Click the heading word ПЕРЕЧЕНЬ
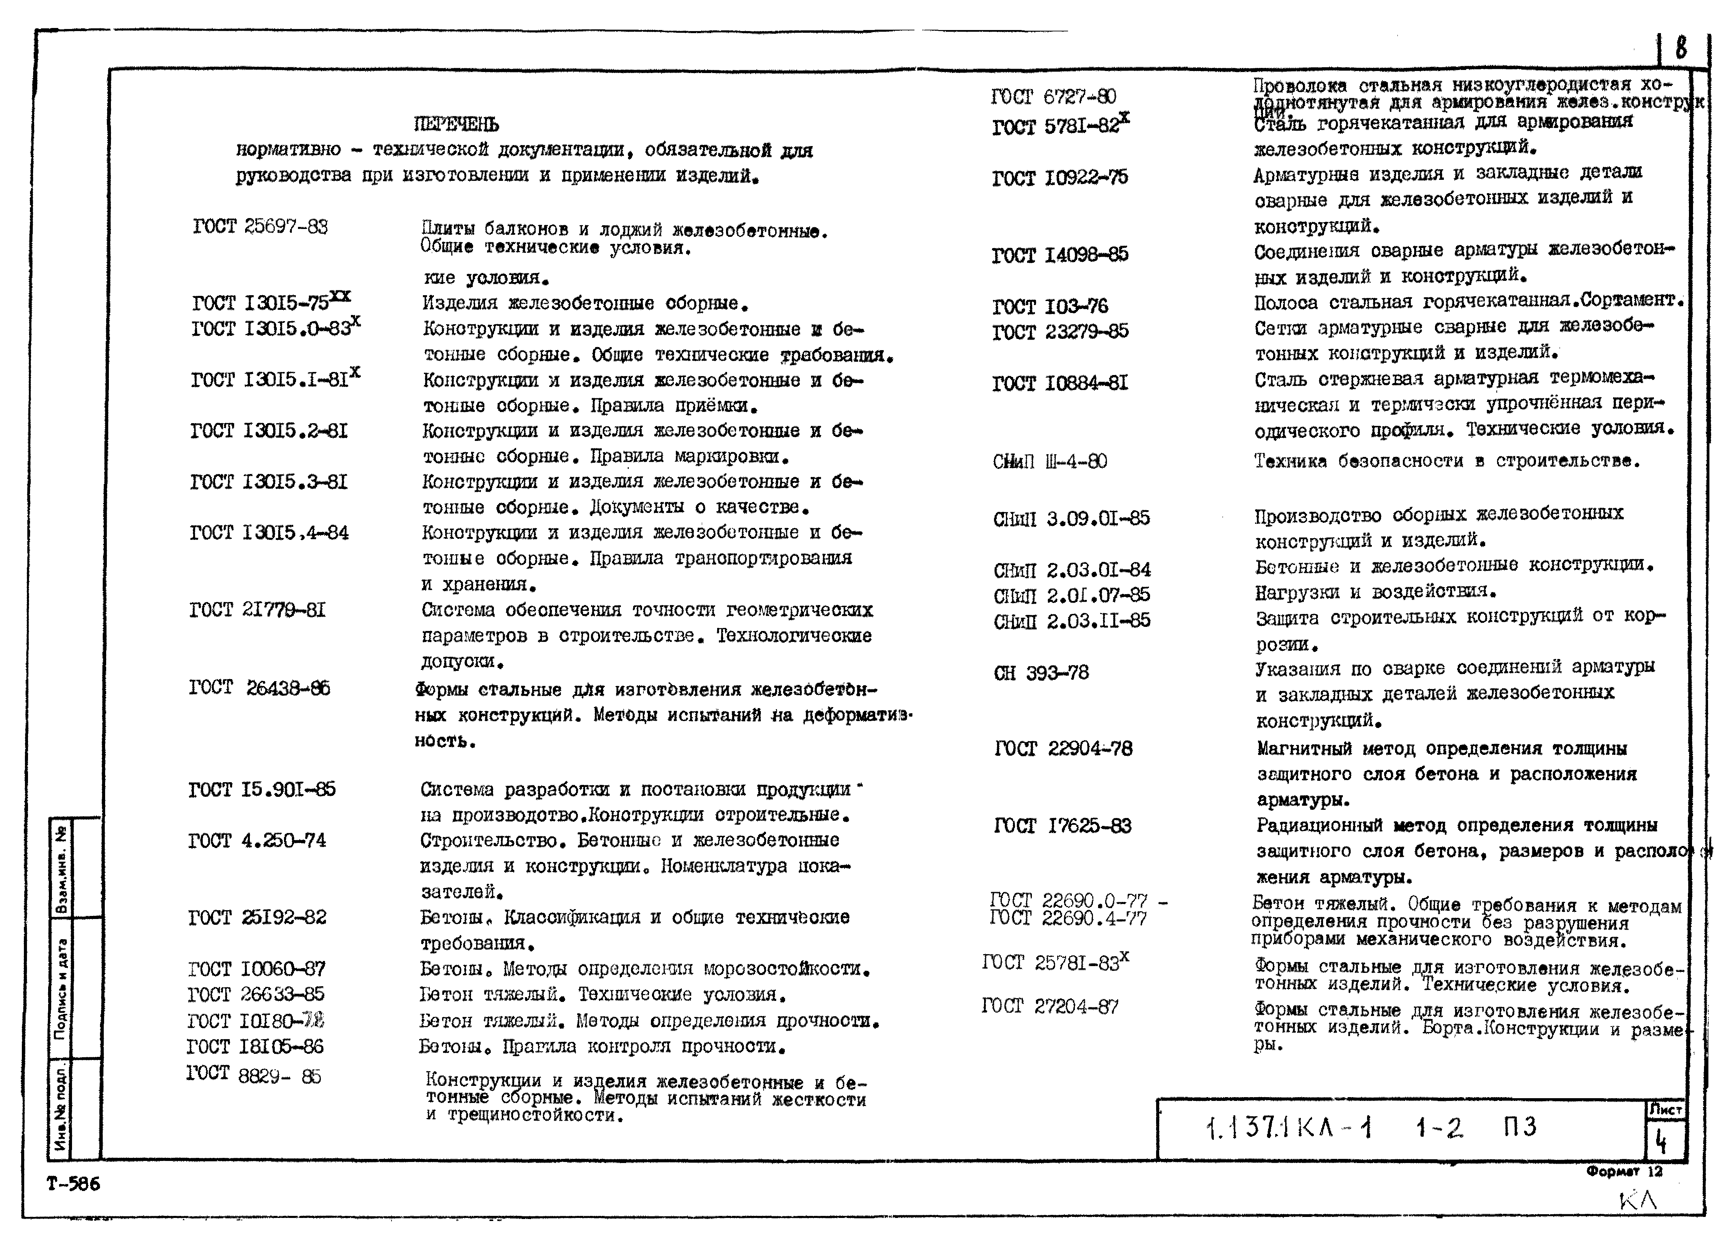click(x=456, y=124)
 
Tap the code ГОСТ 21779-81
click(x=257, y=610)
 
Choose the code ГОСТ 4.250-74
click(x=257, y=841)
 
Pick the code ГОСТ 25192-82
click(x=257, y=917)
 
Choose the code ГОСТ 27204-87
click(x=1050, y=1007)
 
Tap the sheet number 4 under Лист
click(x=1661, y=1142)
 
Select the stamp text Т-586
click(x=73, y=1184)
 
